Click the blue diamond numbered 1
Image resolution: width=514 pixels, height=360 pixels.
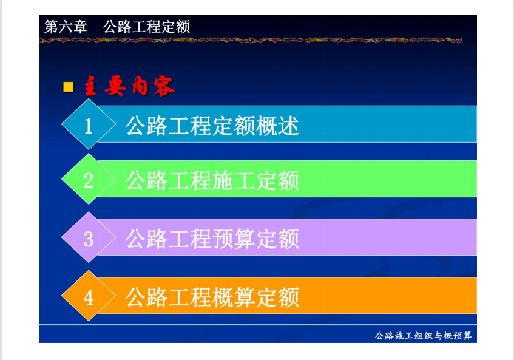(89, 124)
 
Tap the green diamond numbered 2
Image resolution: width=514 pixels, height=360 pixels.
(89, 179)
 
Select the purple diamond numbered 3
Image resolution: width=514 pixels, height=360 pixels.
(89, 237)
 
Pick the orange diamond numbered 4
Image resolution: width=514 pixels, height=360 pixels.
(89, 296)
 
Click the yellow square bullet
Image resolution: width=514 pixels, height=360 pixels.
(69, 87)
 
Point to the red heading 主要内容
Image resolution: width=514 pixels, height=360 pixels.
(129, 86)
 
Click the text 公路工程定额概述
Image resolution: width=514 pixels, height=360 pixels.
(212, 126)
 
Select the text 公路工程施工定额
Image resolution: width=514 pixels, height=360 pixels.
(212, 181)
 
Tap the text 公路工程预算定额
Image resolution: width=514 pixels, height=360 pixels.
(212, 239)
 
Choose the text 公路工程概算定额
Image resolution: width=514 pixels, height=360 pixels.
(212, 297)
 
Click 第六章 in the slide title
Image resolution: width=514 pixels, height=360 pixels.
(66, 27)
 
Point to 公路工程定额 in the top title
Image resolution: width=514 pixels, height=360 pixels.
(147, 27)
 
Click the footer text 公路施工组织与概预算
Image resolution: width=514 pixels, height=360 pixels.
(423, 336)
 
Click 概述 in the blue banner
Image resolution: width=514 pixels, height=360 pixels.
(277, 126)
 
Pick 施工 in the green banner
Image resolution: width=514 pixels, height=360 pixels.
(234, 181)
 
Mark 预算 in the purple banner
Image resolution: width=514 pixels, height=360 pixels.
(234, 239)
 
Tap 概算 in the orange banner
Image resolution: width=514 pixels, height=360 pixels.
(234, 297)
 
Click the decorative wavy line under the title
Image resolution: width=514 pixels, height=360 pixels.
(251, 40)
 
